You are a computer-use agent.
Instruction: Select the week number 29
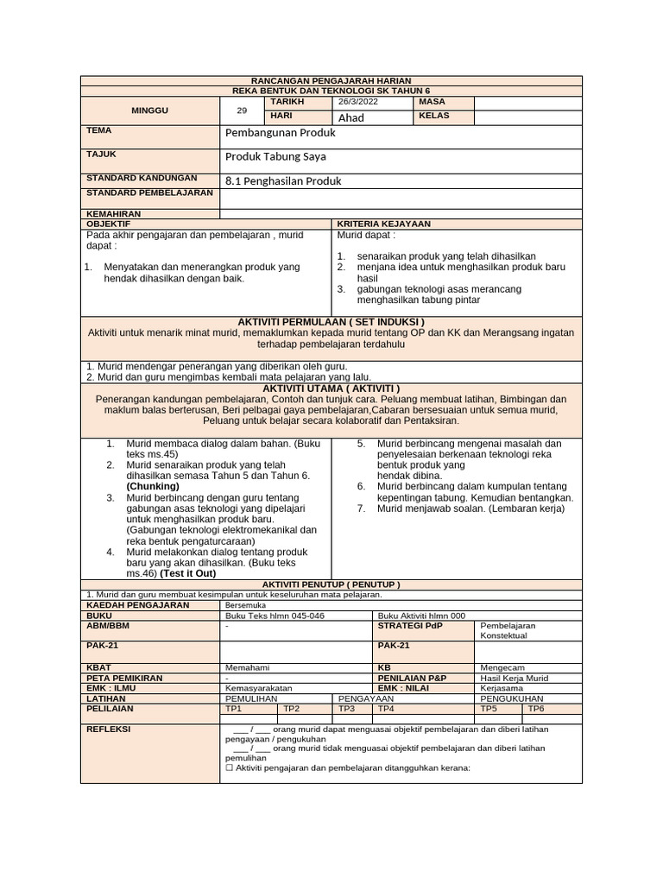pos(242,110)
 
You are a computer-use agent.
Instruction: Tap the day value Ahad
pos(351,117)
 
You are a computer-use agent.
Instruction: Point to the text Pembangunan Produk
pos(280,134)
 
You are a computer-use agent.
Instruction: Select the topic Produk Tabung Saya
pos(276,157)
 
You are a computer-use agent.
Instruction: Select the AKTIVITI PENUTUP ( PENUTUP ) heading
pos(331,584)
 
